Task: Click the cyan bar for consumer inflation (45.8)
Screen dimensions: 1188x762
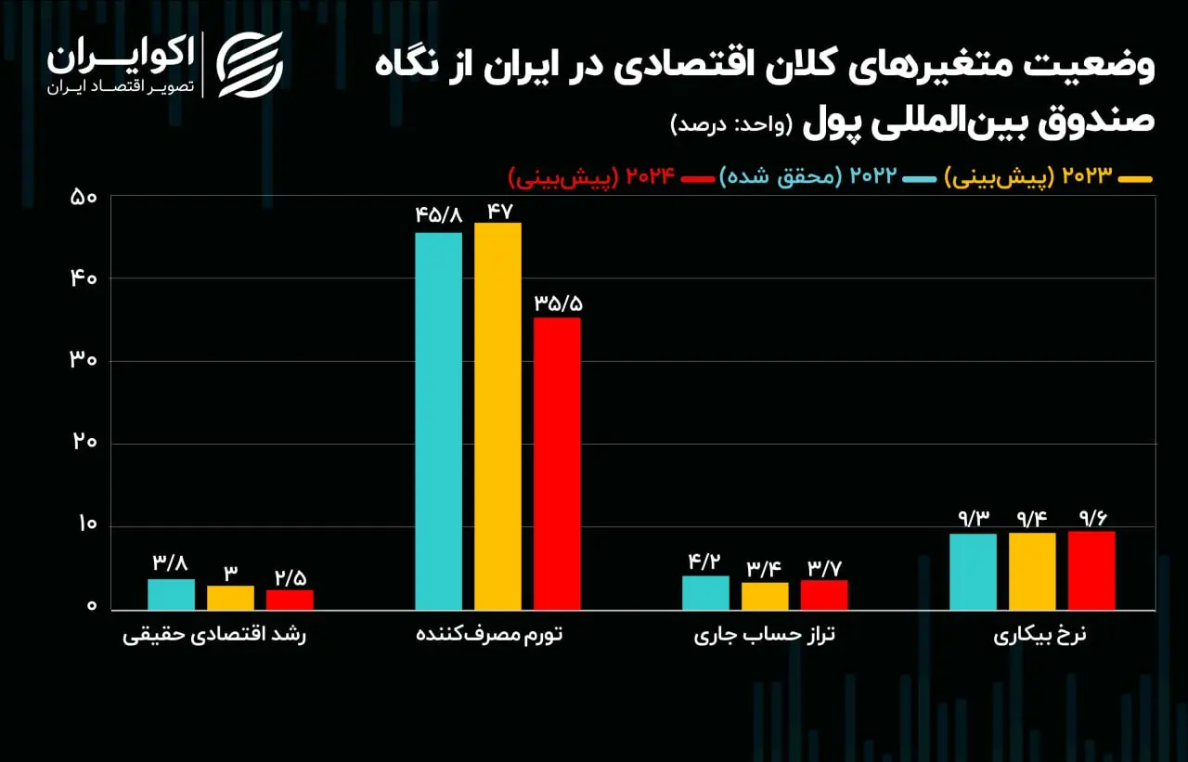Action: point(439,421)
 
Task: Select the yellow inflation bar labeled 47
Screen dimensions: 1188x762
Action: point(497,416)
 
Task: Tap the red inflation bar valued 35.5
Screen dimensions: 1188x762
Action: point(557,464)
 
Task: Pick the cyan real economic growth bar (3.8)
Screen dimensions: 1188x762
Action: point(172,594)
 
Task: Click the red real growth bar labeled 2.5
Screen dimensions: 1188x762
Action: point(290,601)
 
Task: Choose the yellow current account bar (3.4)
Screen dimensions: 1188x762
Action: point(765,597)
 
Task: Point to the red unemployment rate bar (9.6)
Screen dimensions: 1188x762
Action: point(1091,571)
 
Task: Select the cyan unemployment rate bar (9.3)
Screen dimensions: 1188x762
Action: point(974,572)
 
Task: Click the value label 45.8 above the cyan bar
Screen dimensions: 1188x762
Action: point(439,215)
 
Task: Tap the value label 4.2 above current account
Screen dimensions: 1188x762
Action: point(704,562)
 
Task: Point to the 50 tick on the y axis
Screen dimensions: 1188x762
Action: point(84,198)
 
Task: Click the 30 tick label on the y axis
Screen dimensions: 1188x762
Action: point(84,360)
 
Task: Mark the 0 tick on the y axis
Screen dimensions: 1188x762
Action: point(92,605)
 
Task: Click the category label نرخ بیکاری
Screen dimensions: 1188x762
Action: point(1039,635)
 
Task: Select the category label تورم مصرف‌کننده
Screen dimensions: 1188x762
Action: point(489,635)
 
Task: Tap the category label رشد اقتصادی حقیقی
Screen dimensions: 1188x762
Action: point(214,635)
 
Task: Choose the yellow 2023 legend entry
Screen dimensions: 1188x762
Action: point(1049,176)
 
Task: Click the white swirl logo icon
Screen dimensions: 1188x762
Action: point(250,65)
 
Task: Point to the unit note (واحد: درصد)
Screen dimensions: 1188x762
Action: point(731,125)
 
